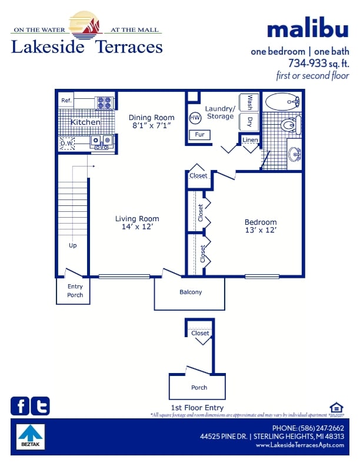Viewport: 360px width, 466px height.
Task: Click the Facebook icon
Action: [19, 406]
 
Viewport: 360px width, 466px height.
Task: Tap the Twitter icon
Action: [40, 406]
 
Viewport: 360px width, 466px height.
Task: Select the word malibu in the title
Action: [308, 29]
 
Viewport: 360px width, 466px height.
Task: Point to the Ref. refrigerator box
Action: [66, 101]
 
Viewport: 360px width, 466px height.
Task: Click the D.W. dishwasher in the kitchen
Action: [66, 142]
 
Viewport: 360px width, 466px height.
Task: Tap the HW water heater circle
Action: [195, 118]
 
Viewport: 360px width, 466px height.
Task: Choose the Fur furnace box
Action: [199, 135]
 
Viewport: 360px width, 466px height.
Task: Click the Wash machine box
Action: [249, 102]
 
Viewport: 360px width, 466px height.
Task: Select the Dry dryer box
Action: [249, 122]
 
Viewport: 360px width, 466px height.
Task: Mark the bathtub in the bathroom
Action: [283, 102]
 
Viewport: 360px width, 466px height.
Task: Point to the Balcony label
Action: [191, 292]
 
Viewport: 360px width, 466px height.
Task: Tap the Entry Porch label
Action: [75, 291]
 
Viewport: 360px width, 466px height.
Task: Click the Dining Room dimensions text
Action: [151, 125]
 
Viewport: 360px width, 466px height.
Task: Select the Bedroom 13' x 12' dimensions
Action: [261, 230]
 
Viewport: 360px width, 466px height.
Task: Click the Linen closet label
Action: [250, 140]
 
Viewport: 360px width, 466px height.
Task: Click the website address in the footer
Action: [299, 445]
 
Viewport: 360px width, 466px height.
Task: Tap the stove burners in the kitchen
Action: [104, 102]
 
